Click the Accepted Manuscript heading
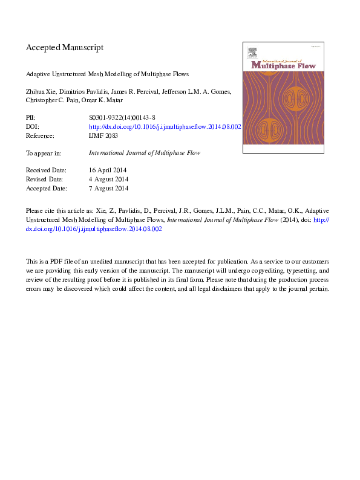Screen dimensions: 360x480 (x=64, y=47)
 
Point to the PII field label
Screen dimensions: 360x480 (x=30, y=118)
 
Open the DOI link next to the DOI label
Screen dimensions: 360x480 (x=165, y=127)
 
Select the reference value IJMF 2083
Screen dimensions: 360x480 (x=103, y=136)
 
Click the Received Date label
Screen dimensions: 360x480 (x=46, y=170)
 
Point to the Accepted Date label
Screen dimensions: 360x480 (x=47, y=188)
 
